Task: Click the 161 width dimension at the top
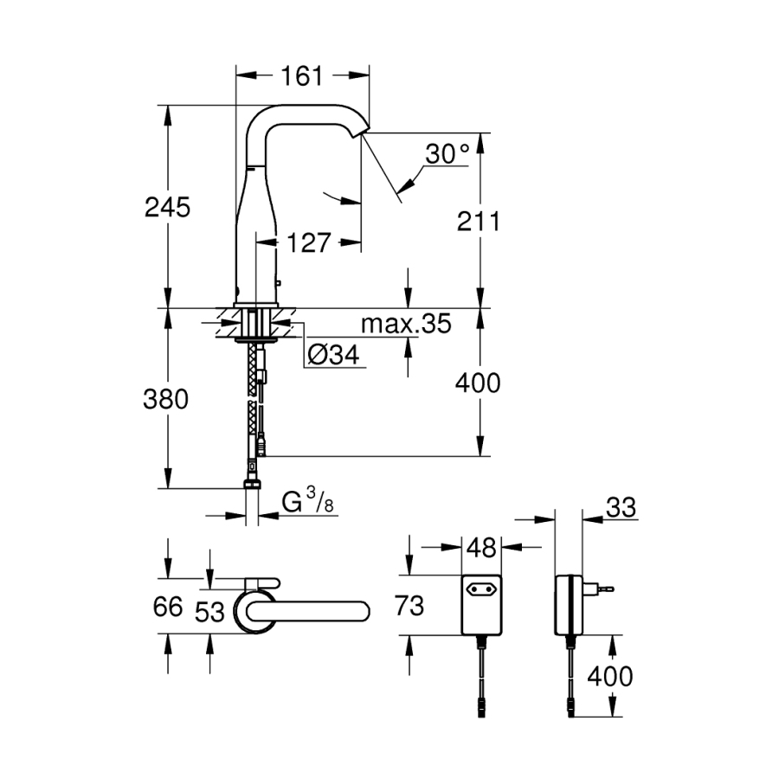[x=301, y=76]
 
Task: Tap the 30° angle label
[x=447, y=154]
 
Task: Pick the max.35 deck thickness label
[x=405, y=325]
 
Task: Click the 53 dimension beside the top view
[x=209, y=611]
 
